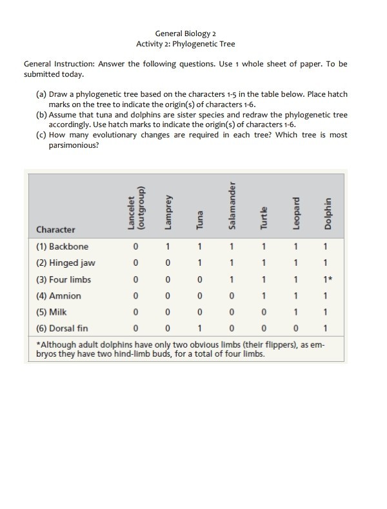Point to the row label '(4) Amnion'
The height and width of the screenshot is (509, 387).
[59, 295]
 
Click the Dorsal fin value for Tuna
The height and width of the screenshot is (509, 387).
[200, 328]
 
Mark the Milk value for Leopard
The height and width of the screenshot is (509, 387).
[295, 312]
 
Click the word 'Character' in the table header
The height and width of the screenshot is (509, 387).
[55, 229]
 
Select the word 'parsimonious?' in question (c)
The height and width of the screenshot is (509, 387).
[74, 146]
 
